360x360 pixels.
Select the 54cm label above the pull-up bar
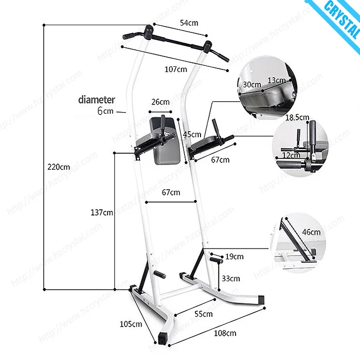[189, 23]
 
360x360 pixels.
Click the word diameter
[97, 100]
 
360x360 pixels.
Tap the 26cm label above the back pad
[160, 102]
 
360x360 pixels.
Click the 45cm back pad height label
[192, 134]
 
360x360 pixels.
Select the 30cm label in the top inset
[251, 84]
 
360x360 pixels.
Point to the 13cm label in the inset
[277, 80]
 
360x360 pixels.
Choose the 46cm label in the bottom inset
[311, 232]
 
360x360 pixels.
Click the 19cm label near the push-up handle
[235, 256]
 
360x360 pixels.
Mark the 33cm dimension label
[230, 279]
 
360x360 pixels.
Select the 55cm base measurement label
[204, 314]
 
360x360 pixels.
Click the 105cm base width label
[131, 324]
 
